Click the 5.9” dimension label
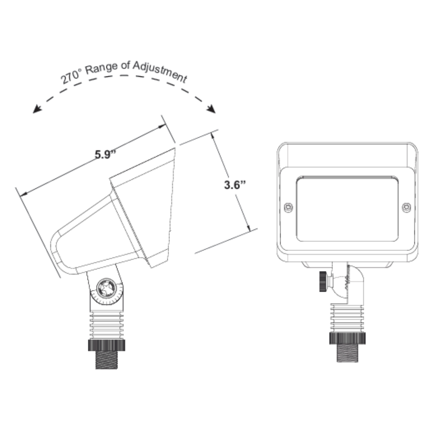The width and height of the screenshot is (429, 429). pos(106,154)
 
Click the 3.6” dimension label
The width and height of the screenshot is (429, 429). pos(235,185)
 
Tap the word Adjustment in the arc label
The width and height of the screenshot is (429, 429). pos(160,72)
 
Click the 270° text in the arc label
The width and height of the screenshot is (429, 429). pos(71,76)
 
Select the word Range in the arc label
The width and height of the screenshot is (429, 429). pos(101,68)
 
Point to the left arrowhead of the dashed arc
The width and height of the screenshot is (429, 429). pos(36,109)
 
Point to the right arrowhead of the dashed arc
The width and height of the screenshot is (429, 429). pos(211,109)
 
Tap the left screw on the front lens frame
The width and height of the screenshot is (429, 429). pos(288,208)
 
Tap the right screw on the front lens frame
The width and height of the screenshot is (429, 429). pos(406,207)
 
